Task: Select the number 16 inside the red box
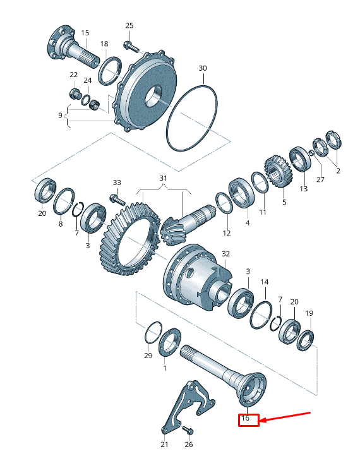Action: (247, 419)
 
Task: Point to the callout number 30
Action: (202, 68)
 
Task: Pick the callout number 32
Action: (226, 254)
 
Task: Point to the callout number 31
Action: (164, 179)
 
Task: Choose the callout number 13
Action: (303, 188)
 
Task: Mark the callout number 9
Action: (61, 116)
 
